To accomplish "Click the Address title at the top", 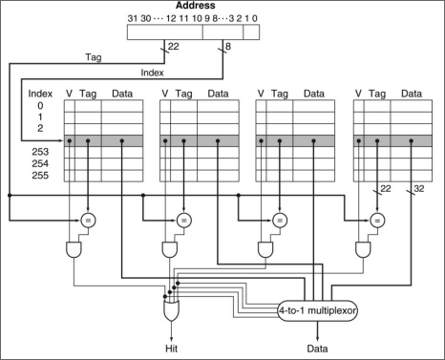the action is coord(196,6).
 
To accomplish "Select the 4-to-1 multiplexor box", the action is coord(318,310).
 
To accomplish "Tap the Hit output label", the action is coord(171,349).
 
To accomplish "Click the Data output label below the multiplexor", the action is coord(317,349).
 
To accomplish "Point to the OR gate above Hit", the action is coord(171,310).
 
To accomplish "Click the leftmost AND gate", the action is coord(74,250).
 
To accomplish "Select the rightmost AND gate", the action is coord(363,250).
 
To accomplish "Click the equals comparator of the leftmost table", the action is coord(88,221).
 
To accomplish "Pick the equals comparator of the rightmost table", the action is coord(377,221).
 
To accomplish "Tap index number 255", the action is coord(40,176).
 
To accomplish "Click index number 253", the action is coord(40,152).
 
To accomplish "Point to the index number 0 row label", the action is coord(40,105).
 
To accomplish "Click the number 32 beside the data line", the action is coord(419,189).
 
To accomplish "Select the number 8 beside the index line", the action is coord(228,47).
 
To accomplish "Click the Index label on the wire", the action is coord(152,73).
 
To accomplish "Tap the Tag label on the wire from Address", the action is coord(94,57).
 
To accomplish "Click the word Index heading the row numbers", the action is coord(40,94).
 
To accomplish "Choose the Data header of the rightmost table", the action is coord(412,94).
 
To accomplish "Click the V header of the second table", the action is coord(165,94).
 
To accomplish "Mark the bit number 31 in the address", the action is coord(132,18).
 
